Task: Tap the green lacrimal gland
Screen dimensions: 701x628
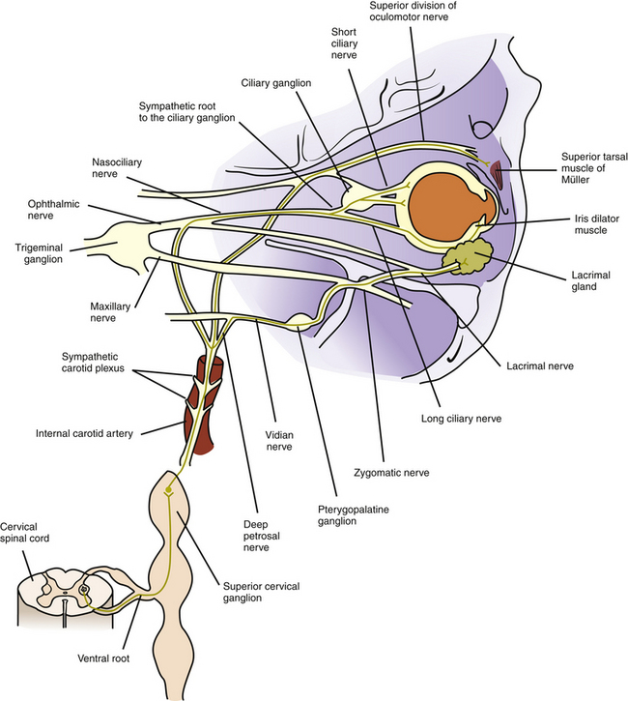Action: [468, 255]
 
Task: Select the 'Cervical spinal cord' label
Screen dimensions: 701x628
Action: [28, 533]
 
